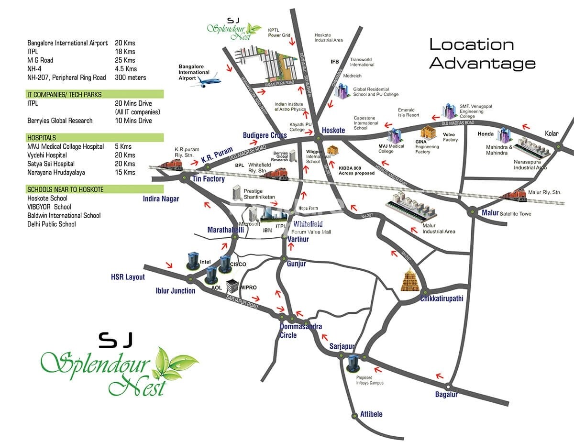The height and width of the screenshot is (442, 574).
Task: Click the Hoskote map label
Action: click(x=333, y=130)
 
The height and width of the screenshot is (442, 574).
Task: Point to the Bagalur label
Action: click(x=446, y=395)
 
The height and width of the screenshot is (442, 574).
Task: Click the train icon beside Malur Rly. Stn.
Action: click(x=512, y=195)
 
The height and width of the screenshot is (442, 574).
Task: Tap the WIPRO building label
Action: click(x=248, y=287)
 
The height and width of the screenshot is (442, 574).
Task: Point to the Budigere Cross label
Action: click(x=265, y=135)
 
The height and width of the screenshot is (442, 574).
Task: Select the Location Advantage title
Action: click(x=482, y=54)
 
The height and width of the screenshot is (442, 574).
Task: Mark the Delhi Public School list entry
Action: click(x=52, y=224)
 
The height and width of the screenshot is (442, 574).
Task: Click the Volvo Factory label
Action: click(x=450, y=137)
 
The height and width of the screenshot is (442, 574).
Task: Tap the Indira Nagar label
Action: click(x=161, y=199)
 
